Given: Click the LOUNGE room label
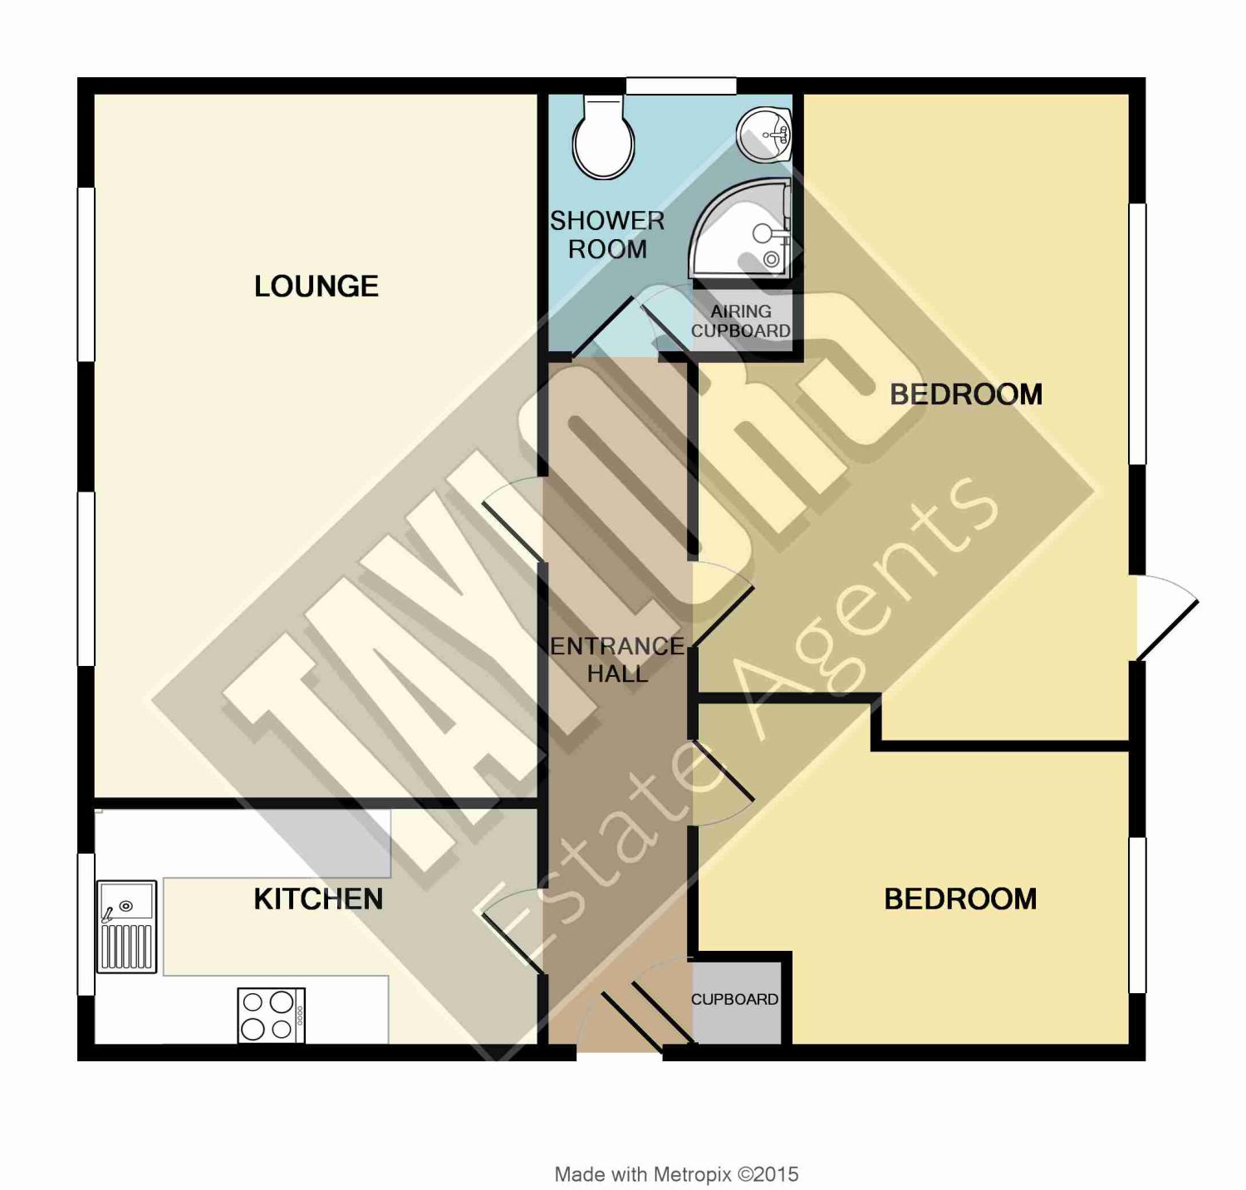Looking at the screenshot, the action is coord(316,286).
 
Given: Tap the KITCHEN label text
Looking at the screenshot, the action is coord(318,899).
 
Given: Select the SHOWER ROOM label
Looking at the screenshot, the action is coord(607,235).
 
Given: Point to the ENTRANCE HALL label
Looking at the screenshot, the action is coord(617,659).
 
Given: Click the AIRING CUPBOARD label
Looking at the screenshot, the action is coord(741,321).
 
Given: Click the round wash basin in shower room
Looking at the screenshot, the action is coord(764,135).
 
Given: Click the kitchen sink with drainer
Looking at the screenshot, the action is coord(126,927).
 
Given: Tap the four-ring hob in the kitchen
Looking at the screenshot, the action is coord(272,1015).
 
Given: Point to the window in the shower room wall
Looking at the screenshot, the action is coord(681,86).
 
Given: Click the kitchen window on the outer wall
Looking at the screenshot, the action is coord(86,924).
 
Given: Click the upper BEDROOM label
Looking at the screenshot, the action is coord(966,394).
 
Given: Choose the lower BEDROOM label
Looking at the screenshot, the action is coord(960,899).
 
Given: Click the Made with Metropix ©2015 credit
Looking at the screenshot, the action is coord(676,1174).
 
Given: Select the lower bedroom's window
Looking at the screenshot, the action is coord(1137,915).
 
